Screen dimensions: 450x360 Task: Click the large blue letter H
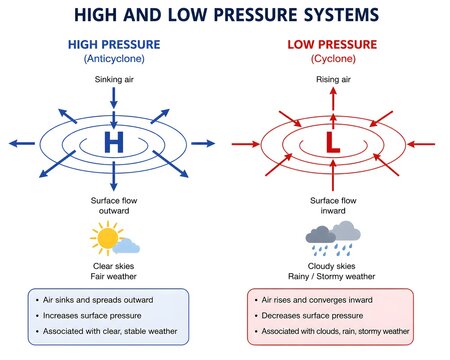coord(114,142)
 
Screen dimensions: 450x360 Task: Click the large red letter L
coord(333,142)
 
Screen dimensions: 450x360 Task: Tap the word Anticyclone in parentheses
coord(114,59)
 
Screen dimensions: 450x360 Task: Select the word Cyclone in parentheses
coord(333,59)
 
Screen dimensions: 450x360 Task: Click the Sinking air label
coord(114,79)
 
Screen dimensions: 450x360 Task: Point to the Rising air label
coord(333,79)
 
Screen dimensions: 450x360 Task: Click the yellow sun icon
coord(107,238)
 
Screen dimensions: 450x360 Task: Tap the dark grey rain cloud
coord(320,235)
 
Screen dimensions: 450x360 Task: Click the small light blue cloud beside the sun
coord(126,246)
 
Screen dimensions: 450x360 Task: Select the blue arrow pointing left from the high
coord(22,144)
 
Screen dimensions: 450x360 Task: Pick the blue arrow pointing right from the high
coord(203,144)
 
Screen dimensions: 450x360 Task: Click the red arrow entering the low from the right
coord(421,144)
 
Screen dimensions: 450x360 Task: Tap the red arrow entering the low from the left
coord(246,144)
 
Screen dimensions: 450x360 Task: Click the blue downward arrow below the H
coord(114,176)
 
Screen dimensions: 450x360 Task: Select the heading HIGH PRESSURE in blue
coord(114,44)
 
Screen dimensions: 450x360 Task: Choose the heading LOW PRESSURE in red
coord(332,44)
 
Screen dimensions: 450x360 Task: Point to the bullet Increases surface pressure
coord(92,316)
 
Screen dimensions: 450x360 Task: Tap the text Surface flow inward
coord(333,206)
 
